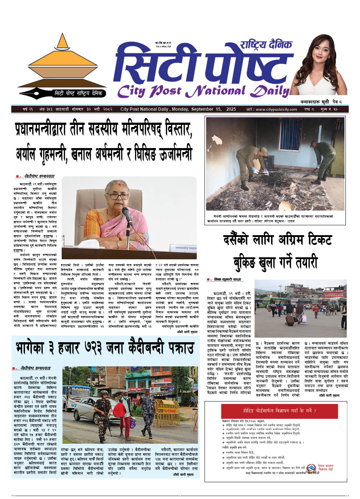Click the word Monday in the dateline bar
184,109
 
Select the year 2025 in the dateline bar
230,109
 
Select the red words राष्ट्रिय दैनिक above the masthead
266,45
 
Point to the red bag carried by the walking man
119,410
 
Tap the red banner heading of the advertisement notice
279,411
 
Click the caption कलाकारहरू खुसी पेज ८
321,102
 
